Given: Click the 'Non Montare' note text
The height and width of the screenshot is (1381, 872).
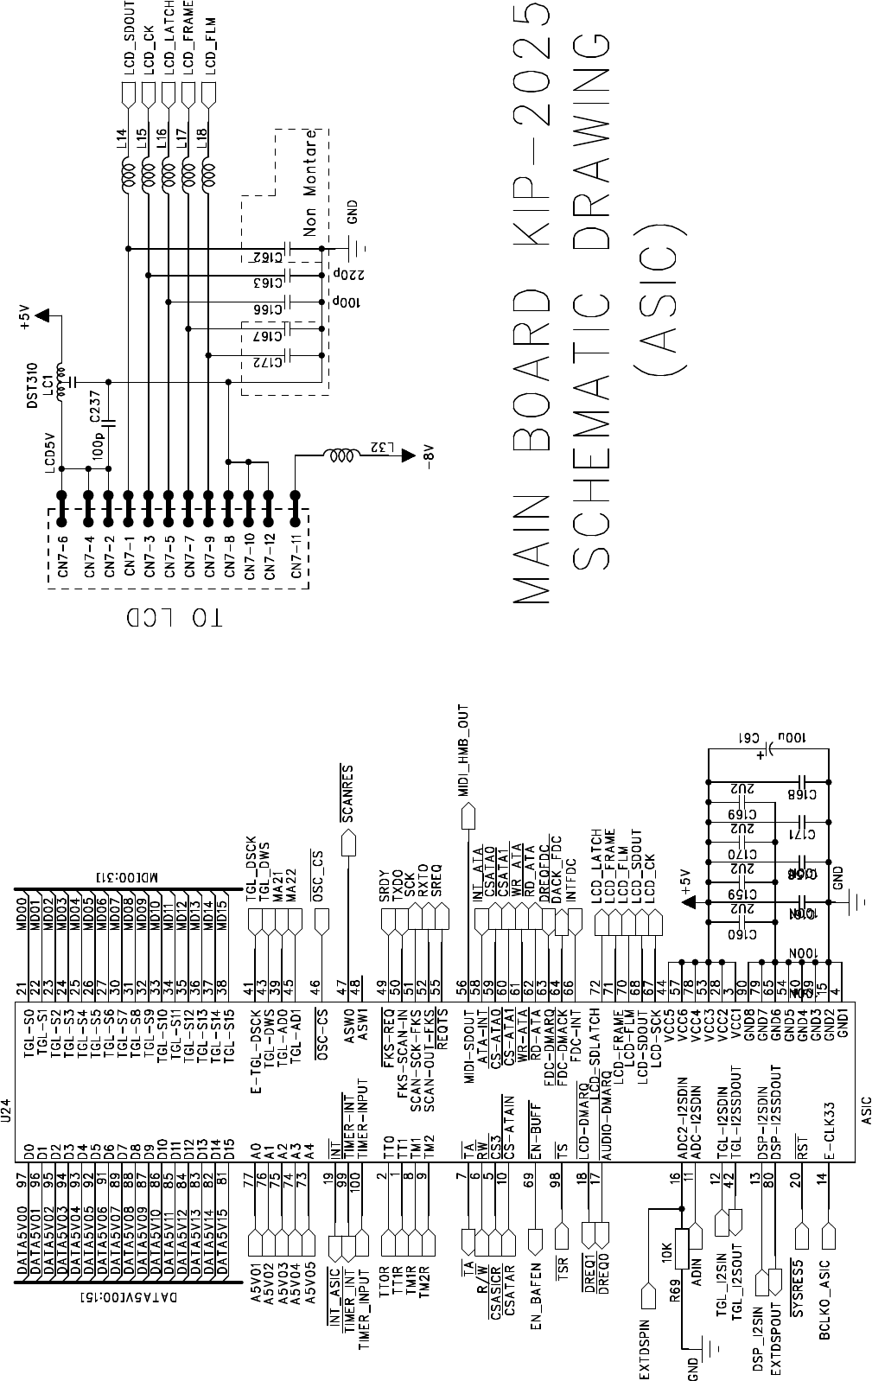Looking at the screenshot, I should (310, 182).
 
